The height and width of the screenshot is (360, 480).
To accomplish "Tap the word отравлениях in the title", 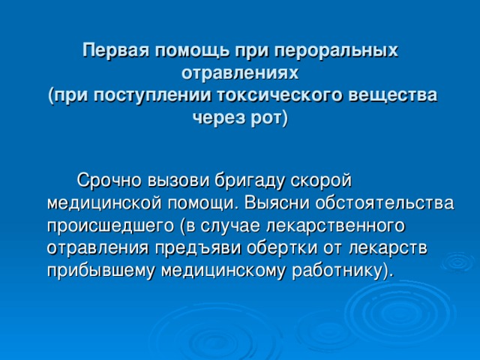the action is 240,73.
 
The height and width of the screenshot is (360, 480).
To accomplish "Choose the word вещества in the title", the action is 393,95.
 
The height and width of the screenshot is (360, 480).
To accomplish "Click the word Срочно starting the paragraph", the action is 109,180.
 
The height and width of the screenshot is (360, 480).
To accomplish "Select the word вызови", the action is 178,180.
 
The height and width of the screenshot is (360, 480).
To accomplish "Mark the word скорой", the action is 322,180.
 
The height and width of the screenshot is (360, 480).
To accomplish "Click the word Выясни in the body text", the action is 277,203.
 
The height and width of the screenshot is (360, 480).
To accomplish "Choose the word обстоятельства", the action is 385,203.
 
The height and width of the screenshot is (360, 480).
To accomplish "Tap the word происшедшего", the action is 110,226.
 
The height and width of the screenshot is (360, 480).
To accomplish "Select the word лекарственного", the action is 336,226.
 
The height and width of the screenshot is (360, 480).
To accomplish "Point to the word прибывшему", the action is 102,271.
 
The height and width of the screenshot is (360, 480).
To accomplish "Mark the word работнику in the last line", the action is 337,271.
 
